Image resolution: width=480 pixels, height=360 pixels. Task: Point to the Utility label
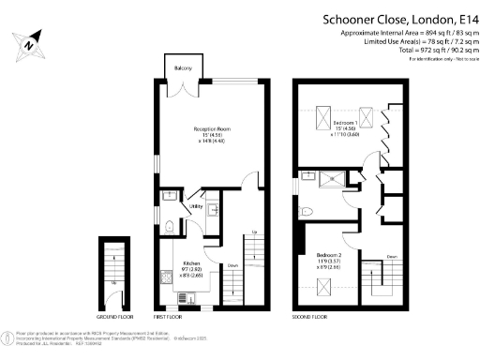click(x=197, y=205)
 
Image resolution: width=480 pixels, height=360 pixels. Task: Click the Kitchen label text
click(x=191, y=264)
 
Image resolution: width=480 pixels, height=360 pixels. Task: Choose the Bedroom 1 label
click(x=343, y=122)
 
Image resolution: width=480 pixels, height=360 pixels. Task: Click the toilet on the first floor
click(x=167, y=226)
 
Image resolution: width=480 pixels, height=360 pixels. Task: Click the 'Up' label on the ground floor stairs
click(x=114, y=281)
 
